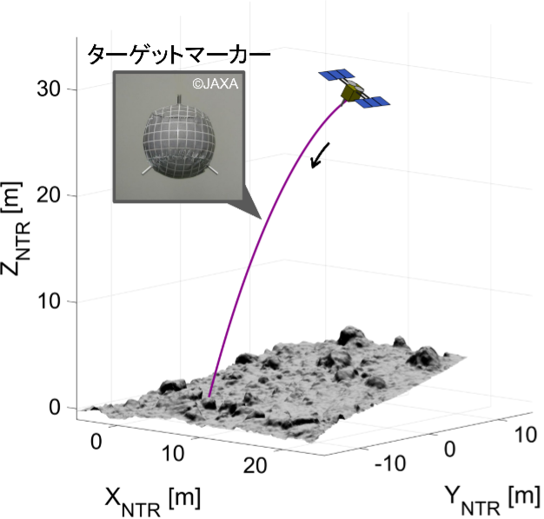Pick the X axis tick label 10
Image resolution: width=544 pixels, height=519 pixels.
[x=174, y=454]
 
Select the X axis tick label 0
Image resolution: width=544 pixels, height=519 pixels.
[x=96, y=441]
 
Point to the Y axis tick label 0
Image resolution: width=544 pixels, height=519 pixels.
[x=450, y=450]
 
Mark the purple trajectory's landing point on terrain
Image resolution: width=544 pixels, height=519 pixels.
[x=209, y=397]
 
